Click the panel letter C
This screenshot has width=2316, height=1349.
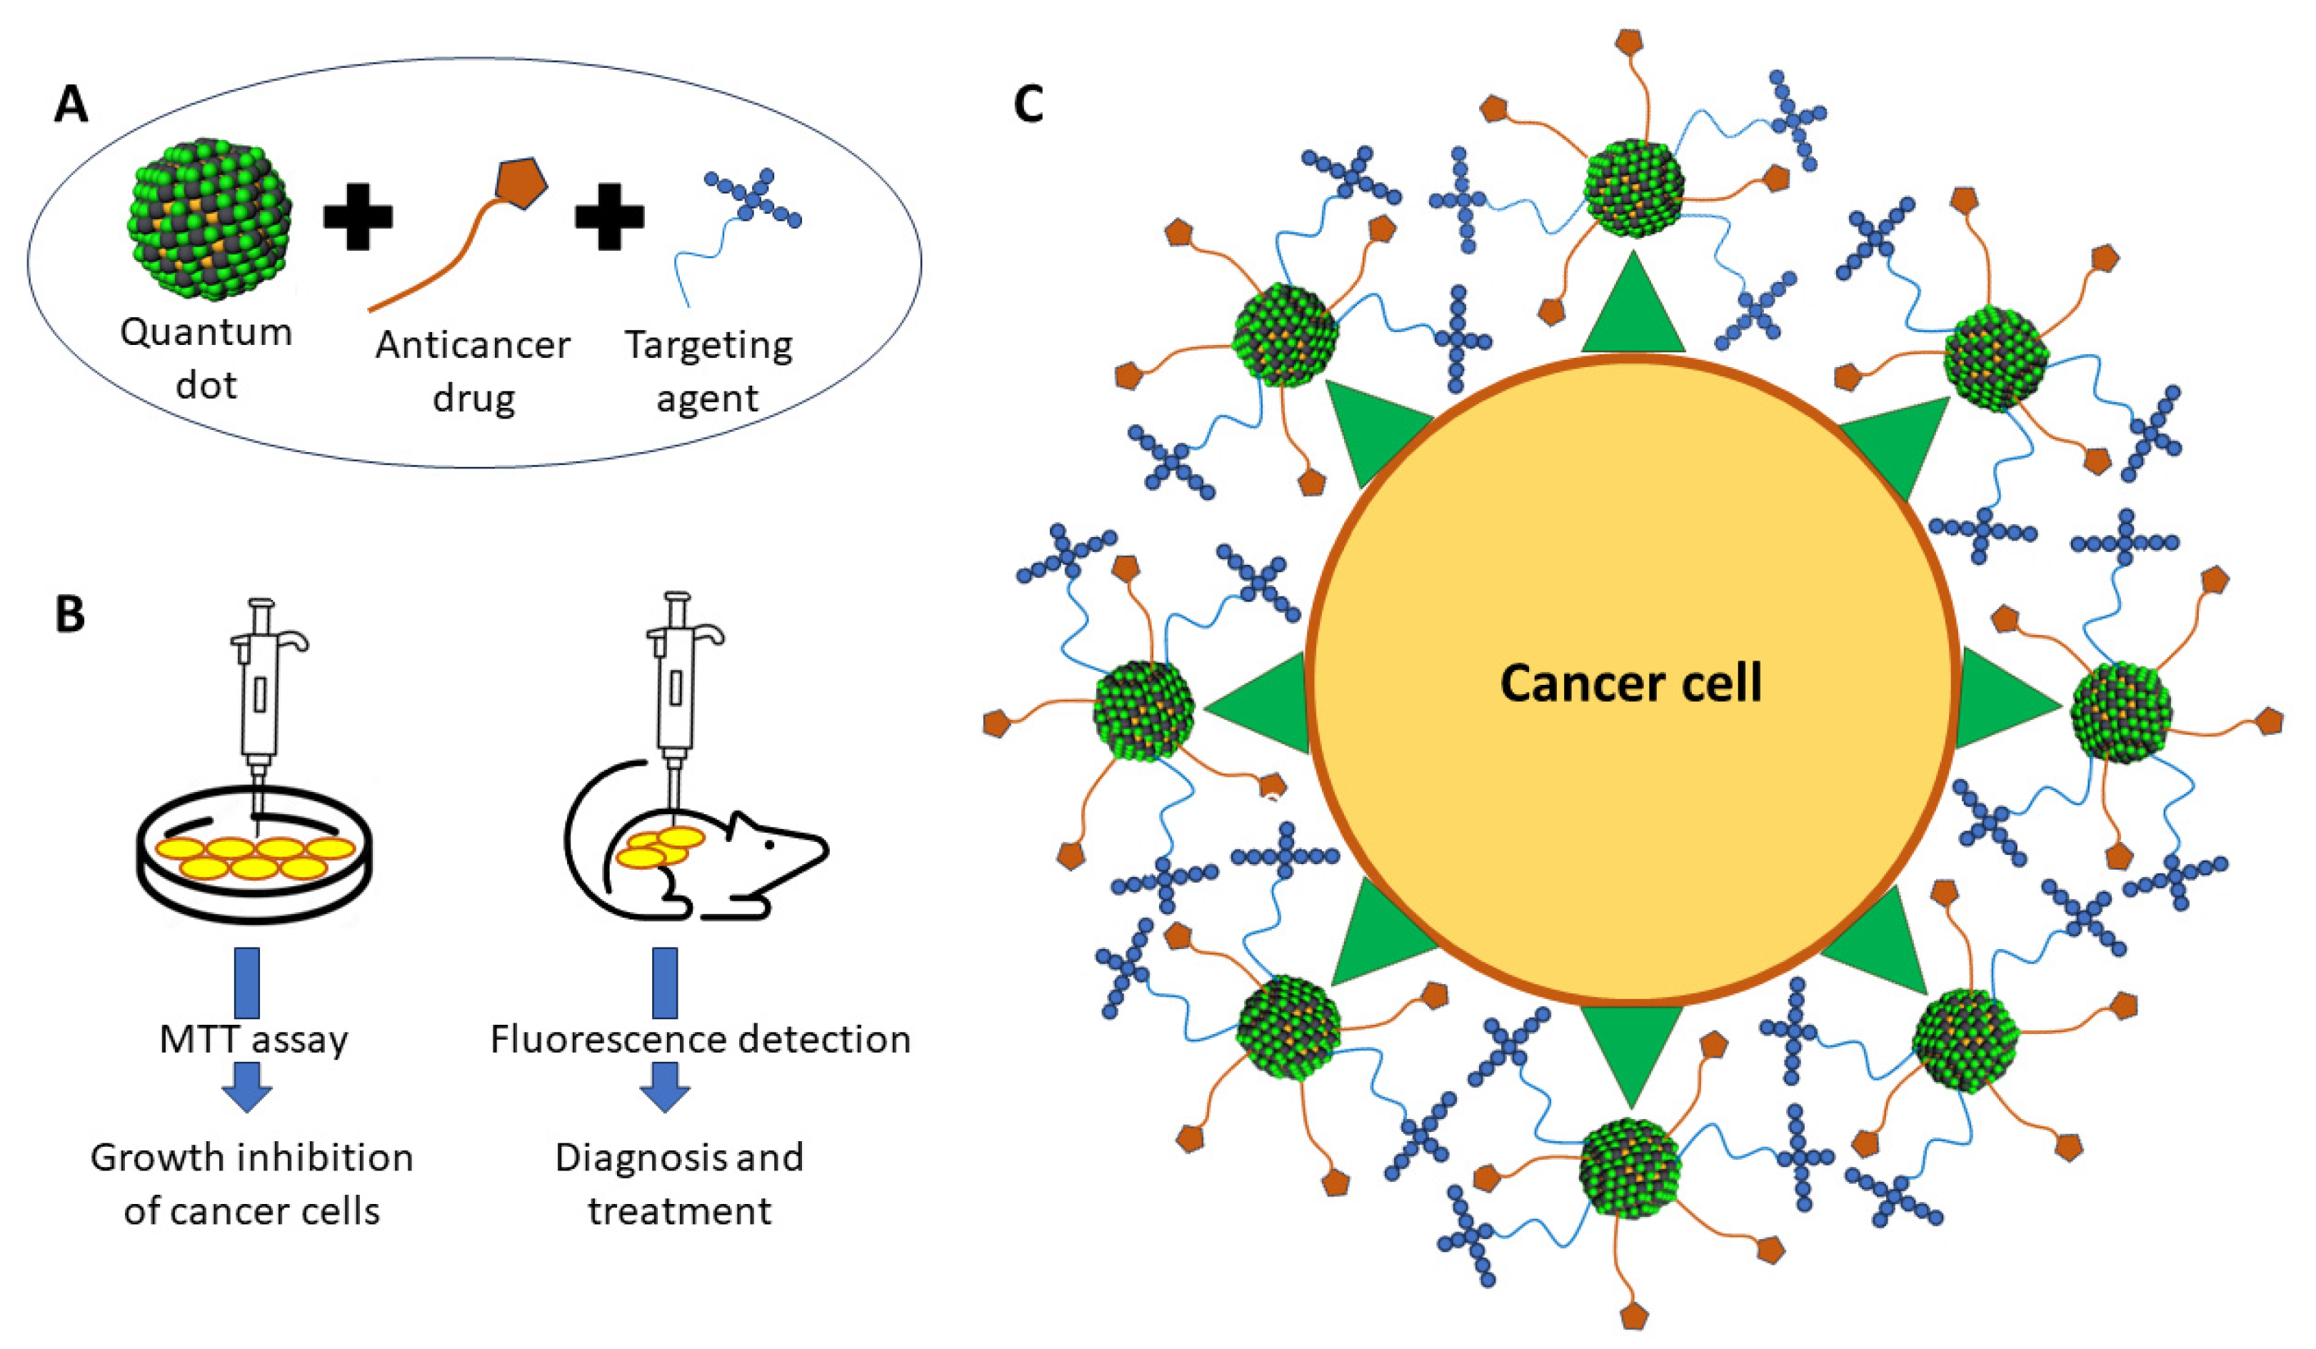tap(1028, 103)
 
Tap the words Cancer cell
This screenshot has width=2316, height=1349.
tap(1631, 683)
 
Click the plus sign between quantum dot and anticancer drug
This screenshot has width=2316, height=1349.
tap(358, 217)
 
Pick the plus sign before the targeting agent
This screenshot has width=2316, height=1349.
tap(609, 217)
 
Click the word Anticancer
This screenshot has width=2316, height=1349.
tap(472, 346)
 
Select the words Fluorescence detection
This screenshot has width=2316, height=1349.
tap(701, 1039)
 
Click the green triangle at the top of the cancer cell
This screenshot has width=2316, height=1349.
tap(1633, 304)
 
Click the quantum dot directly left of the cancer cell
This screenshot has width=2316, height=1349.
tap(1144, 709)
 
